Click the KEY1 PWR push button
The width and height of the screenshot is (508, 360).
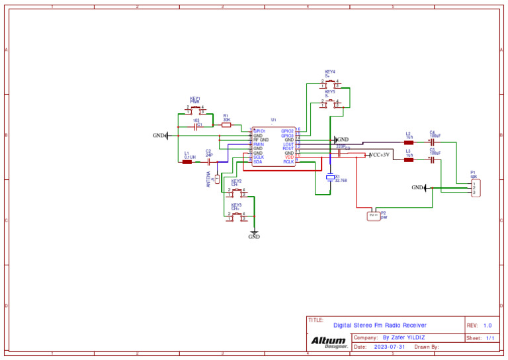tap(195, 109)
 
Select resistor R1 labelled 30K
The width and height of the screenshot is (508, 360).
tap(226, 124)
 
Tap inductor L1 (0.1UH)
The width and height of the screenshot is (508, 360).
tap(187, 161)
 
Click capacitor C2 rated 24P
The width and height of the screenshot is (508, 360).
tap(208, 161)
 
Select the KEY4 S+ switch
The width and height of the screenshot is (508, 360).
tap(330, 83)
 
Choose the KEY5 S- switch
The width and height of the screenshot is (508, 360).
tap(330, 103)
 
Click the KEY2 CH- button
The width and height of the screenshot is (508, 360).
tap(236, 193)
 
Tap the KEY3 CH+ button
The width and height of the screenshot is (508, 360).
tap(236, 216)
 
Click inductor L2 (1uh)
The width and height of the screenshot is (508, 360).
tap(409, 142)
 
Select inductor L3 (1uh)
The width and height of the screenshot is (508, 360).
tap(409, 160)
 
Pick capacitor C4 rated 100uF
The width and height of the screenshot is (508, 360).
tap(432, 142)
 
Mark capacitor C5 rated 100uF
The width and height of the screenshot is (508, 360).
tap(432, 160)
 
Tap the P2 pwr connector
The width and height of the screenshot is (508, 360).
tap(374, 215)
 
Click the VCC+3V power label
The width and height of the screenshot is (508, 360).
tap(380, 155)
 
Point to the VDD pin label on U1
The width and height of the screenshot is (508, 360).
tap(289, 157)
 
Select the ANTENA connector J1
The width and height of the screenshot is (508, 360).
tap(217, 179)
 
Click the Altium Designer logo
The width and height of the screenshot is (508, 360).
tap(329, 341)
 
